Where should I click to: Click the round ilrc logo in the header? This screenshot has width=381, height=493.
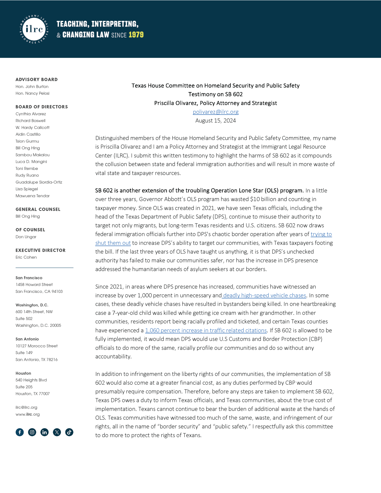click(x=34, y=29)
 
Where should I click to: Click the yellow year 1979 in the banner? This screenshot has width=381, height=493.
click(x=136, y=35)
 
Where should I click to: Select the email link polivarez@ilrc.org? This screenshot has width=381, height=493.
click(x=215, y=112)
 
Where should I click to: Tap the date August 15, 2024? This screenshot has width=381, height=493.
click(x=215, y=121)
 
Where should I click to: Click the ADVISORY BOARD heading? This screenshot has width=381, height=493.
click(x=37, y=79)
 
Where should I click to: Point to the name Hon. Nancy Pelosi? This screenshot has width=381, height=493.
click(x=33, y=93)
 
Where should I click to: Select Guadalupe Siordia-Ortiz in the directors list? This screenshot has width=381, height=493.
click(x=39, y=182)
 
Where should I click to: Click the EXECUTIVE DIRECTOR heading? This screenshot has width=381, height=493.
click(x=41, y=250)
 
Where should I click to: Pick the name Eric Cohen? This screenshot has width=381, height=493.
click(x=26, y=257)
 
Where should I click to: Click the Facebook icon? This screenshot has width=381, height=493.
click(x=20, y=432)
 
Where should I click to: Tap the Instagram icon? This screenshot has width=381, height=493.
click(x=32, y=432)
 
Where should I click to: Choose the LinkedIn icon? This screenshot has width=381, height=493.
click(x=44, y=432)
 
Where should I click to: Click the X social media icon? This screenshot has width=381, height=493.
click(x=57, y=432)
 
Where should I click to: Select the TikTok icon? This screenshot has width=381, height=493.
click(x=69, y=432)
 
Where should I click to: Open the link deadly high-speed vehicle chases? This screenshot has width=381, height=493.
click(x=264, y=295)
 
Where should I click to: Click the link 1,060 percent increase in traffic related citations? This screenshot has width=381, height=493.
click(x=206, y=330)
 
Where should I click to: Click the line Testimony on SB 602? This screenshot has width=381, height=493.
click(x=215, y=94)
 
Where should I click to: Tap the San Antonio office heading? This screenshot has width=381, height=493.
click(x=27, y=339)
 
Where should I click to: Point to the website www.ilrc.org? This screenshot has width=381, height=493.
click(x=28, y=414)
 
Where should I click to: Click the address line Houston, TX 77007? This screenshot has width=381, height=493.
click(x=33, y=394)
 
